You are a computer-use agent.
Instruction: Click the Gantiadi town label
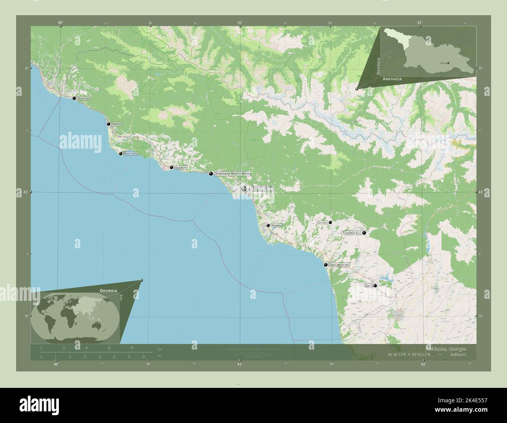84,98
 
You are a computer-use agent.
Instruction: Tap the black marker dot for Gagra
108,124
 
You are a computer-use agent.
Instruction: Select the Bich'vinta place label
131,154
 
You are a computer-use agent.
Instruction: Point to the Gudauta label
181,167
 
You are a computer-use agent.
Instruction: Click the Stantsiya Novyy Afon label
232,173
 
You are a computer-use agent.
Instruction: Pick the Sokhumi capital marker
244,189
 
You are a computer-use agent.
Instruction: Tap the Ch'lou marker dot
330,222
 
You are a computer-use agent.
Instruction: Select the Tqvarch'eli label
351,233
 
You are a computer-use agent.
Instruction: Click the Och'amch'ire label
340,265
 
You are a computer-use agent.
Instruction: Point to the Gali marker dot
375,286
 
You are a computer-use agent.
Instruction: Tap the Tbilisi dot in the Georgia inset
448,63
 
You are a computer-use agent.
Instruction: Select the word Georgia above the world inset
108,291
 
